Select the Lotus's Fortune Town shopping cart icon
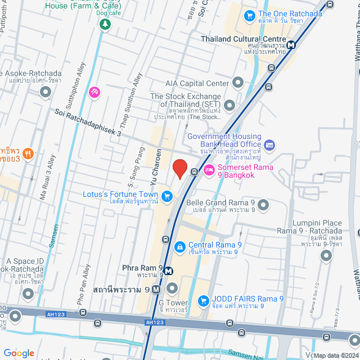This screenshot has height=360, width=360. pyautogui.click(x=167, y=196)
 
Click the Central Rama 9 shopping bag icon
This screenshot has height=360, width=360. pyautogui.click(x=179, y=246)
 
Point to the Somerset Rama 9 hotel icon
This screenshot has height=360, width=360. pyautogui.click(x=209, y=170)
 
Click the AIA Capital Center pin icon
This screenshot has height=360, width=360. pyautogui.click(x=238, y=83)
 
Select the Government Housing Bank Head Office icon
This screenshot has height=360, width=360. pyautogui.click(x=269, y=145)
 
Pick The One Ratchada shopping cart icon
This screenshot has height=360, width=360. pyautogui.click(x=249, y=15)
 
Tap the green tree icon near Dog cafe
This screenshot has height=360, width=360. pyautogui.click(x=104, y=24)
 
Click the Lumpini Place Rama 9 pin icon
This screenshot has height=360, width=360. pyautogui.click(x=326, y=255)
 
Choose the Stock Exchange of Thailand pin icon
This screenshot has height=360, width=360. pyautogui.click(x=229, y=106)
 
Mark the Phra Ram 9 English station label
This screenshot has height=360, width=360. pyautogui.click(x=142, y=267)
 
